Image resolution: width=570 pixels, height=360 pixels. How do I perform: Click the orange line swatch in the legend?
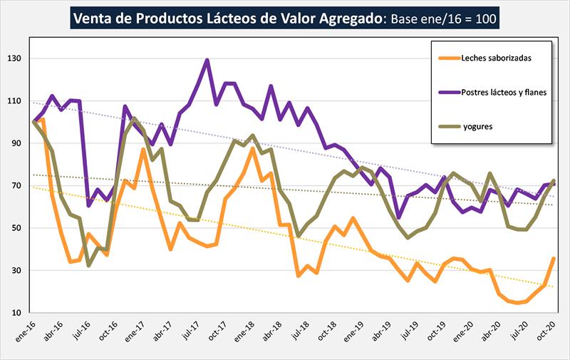pyautogui.click(x=448, y=57)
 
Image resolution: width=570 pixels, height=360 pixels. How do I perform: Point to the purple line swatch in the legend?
pyautogui.click(x=448, y=93)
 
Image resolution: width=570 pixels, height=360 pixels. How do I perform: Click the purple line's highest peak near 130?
pyautogui.click(x=207, y=60)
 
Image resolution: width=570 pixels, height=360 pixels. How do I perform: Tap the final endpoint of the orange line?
pyautogui.click(x=554, y=259)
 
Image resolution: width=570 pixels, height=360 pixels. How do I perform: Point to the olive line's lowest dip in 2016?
pyautogui.click(x=89, y=265)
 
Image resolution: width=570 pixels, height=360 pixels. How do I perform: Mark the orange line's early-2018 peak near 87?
pyautogui.click(x=253, y=149)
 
